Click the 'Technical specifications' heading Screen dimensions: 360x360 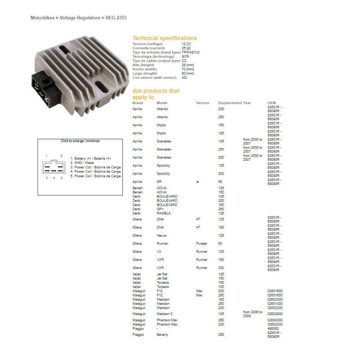[x=165, y=38]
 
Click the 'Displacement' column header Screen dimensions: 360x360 [x=230, y=103]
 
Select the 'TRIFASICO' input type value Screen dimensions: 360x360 [x=191, y=52]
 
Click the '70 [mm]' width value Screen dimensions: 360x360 [x=188, y=70]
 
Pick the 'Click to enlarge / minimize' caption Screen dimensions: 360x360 [x=80, y=141]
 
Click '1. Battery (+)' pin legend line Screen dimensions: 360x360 [x=90, y=159]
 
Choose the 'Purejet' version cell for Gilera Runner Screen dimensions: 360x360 [x=202, y=243]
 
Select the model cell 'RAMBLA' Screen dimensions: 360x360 [x=163, y=213]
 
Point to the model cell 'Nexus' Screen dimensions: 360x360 [x=161, y=235]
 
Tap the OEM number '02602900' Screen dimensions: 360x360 [x=275, y=313]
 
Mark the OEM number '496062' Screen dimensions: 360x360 [x=273, y=328]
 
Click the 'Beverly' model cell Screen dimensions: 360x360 [x=162, y=335]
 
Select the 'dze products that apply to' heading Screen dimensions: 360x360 [x=156, y=94]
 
